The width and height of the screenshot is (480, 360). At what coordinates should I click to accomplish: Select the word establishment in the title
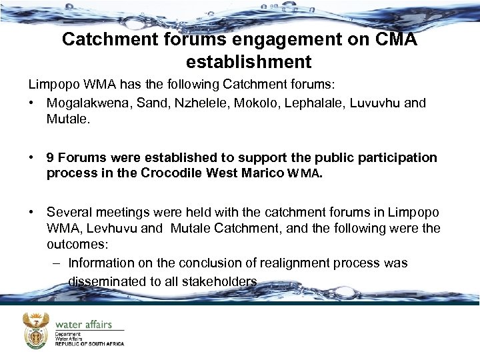[249, 62]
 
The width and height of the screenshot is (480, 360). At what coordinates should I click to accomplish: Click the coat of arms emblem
[36, 330]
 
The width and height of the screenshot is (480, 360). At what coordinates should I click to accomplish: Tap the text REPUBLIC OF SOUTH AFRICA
[89, 344]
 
